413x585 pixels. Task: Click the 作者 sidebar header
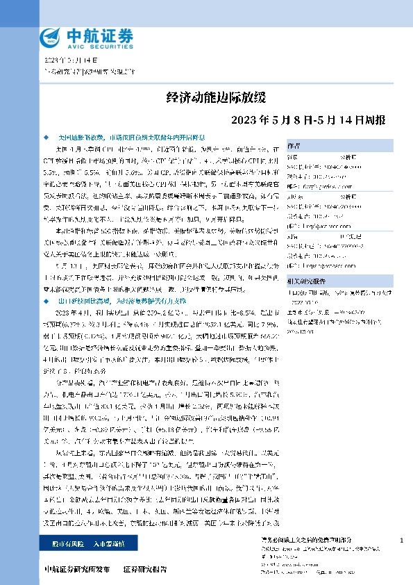294,146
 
